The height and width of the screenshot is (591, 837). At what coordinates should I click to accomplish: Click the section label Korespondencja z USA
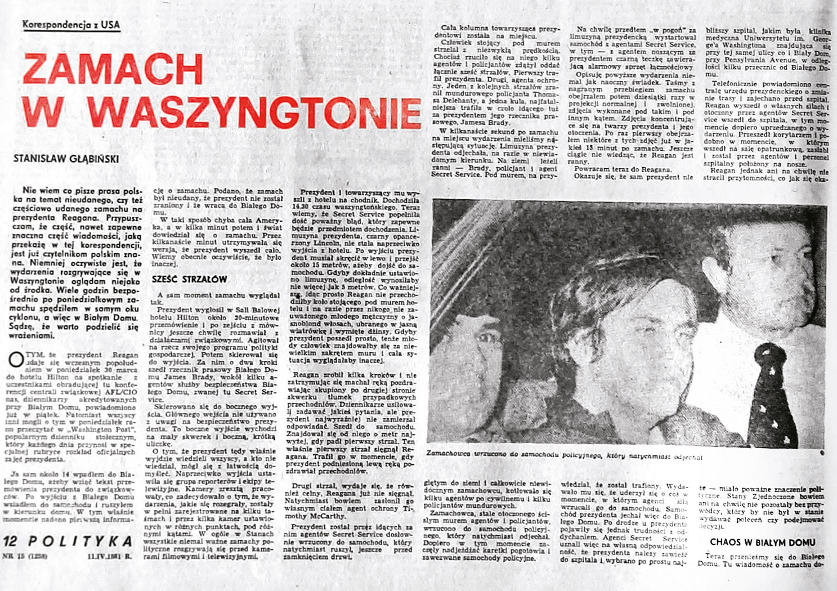click(71, 25)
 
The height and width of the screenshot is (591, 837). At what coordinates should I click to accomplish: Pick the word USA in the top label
click(111, 25)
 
